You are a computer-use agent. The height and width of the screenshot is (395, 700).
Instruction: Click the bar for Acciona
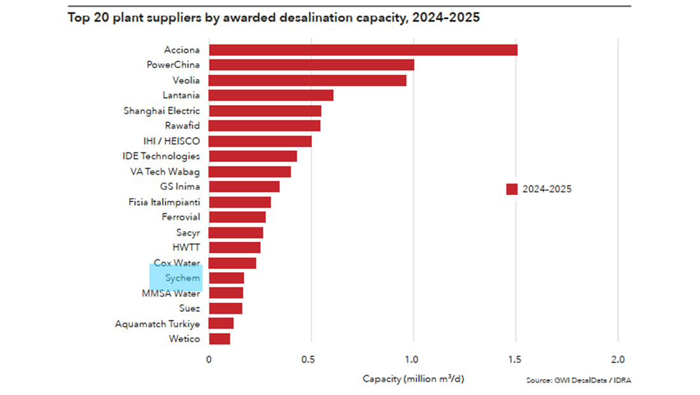pos(363,50)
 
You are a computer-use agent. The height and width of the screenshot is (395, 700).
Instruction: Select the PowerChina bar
pos(311,65)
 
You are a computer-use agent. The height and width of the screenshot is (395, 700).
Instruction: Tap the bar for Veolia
pos(307,80)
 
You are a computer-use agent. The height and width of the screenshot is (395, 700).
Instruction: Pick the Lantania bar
pos(271,96)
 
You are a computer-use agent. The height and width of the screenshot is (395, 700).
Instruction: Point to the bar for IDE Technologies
pos(253,156)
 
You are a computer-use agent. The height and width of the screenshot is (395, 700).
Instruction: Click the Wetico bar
pos(220,338)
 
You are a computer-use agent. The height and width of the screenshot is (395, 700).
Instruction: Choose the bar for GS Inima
pos(244,187)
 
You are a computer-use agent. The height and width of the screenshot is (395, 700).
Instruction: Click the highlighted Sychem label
pos(183,278)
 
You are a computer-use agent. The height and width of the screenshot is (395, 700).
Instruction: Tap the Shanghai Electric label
pos(162,111)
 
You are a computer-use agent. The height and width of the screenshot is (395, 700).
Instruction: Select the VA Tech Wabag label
pos(165,171)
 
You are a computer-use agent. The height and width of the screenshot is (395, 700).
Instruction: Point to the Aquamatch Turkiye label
pos(157,324)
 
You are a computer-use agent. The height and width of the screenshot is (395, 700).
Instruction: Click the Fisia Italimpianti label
pos(164,202)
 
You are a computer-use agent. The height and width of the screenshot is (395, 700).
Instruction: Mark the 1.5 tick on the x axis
pos(516,359)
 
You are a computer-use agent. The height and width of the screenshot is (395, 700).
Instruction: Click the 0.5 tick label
pos(311,359)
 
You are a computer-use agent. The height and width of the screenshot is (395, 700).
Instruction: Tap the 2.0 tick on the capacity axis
pos(619,359)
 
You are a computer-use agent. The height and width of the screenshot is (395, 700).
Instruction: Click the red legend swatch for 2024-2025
pos(512,189)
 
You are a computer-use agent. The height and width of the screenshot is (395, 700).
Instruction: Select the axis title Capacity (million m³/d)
pos(414,378)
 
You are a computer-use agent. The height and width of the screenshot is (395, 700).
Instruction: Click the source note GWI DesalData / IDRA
pos(579,380)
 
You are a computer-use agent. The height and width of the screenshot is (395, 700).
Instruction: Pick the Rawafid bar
pos(265,126)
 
